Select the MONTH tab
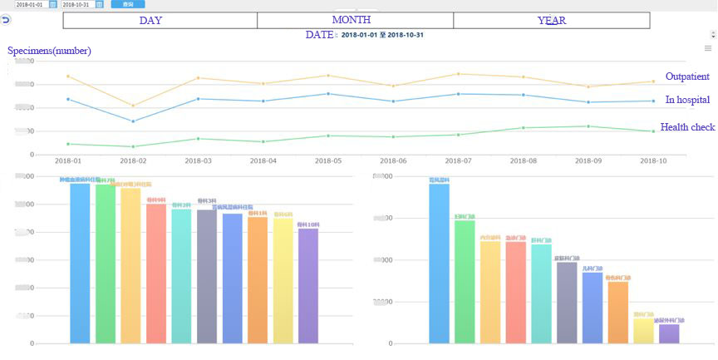coord(352,20)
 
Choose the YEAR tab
coord(552,20)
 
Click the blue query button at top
coord(127,4)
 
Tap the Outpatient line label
coord(687,76)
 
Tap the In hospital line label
coord(687,100)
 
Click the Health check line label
coord(687,127)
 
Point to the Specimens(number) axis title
coord(49,51)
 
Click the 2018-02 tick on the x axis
coord(133,160)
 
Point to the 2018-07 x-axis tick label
coord(458,160)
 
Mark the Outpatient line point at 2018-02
coord(133,106)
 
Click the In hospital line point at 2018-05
coord(328,94)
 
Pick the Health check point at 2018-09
coord(588,126)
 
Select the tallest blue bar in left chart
coord(80,262)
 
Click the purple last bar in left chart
coord(308,285)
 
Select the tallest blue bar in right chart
coord(439,262)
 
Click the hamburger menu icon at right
coord(707,49)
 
